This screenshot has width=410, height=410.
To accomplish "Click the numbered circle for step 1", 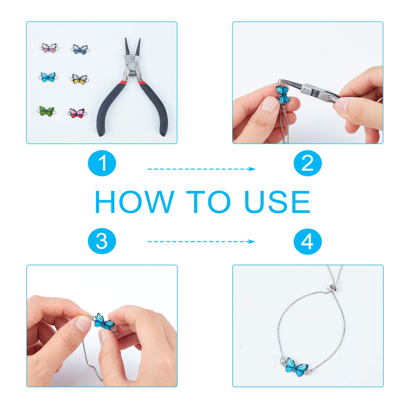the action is coord(102,163).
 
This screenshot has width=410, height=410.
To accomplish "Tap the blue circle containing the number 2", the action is coord(307,163).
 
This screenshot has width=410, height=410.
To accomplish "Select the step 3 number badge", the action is coord(102,241).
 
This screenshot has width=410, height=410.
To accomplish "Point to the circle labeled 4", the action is coord(307,241).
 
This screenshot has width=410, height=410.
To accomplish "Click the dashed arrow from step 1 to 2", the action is coord(202,169).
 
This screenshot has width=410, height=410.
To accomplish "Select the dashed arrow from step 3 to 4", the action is coord(202,241).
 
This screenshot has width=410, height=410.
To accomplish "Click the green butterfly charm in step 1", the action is coord(46,111).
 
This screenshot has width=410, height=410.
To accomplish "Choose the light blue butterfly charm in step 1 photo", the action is coord(48,77).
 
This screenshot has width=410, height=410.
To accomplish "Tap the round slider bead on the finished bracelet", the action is coord(332,289).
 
